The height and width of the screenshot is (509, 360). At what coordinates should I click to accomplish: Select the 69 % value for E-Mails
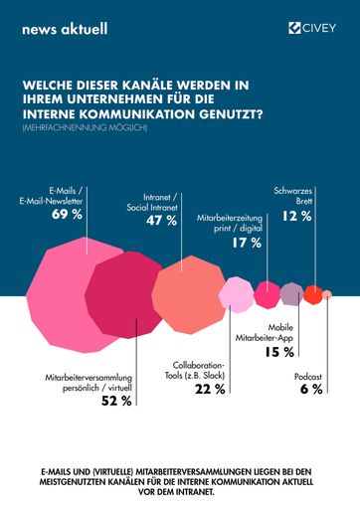(x=66, y=214)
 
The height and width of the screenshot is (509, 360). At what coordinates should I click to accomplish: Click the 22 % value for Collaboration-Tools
(x=209, y=389)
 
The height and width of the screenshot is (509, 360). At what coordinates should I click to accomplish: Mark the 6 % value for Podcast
(x=311, y=389)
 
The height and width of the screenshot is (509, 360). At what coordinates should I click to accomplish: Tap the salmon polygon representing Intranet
(x=189, y=293)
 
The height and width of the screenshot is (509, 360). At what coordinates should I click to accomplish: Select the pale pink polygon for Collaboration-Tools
(x=237, y=294)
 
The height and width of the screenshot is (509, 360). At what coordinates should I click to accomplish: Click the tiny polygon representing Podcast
(x=327, y=294)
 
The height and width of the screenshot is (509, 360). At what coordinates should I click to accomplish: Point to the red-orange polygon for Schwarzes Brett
(x=312, y=294)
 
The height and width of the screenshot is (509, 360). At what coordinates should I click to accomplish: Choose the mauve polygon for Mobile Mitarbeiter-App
(x=291, y=293)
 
